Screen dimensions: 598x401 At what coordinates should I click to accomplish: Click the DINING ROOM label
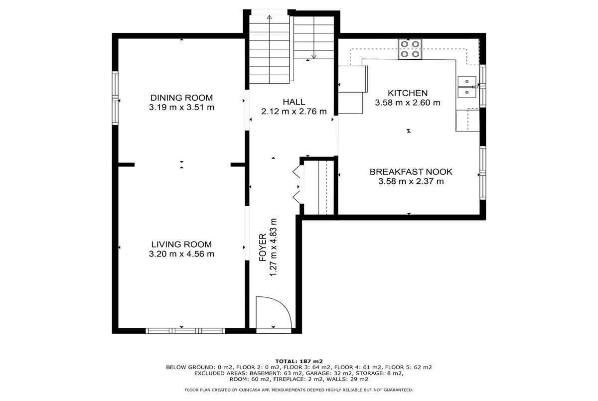181,98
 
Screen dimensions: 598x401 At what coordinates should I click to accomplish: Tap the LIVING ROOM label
181,245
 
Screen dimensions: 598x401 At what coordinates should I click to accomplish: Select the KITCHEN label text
408,93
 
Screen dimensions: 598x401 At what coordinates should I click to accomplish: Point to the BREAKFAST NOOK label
411,172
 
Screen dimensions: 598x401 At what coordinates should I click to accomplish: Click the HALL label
294,102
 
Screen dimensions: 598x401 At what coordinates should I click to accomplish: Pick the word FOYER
263,248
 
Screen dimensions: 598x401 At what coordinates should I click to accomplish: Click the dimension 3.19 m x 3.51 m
181,107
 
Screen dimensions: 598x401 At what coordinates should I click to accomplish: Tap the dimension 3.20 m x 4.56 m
181,254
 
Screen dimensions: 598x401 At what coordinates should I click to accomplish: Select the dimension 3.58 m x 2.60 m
408,103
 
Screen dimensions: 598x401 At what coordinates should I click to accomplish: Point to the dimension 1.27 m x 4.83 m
273,248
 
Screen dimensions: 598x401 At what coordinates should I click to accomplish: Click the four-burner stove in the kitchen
410,49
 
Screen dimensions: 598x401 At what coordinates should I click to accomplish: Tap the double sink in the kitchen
467,87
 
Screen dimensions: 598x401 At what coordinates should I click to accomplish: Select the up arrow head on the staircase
269,17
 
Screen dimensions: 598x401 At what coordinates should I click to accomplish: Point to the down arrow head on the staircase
314,57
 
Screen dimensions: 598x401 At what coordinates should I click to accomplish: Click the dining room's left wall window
115,98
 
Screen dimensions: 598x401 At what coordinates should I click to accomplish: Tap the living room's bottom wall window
185,331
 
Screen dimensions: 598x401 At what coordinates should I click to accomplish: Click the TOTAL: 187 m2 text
299,362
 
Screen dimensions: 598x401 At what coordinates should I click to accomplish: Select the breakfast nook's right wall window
483,173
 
